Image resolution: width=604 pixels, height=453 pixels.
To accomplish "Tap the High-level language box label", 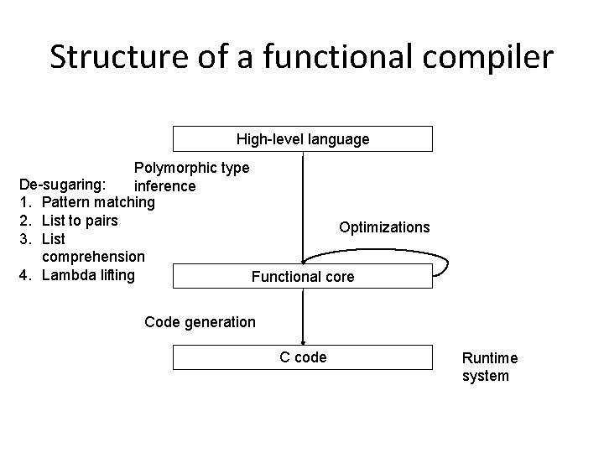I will point(302,139).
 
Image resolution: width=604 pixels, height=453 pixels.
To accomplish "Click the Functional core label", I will point(303,276).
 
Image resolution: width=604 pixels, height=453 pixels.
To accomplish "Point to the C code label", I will point(303,357).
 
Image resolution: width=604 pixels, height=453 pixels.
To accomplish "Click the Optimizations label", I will point(384,227).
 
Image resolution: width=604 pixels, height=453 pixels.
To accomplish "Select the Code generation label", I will point(200,321).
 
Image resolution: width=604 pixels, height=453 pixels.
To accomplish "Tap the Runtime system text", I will point(490,367).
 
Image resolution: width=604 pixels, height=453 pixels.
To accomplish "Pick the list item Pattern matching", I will point(97,202).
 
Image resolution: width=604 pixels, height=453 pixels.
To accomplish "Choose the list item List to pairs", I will point(80,221).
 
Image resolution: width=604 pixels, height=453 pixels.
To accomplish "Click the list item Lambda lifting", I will point(88,274).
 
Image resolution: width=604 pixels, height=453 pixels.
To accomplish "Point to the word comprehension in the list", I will point(93,256).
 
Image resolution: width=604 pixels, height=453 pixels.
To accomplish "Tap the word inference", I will point(165,185).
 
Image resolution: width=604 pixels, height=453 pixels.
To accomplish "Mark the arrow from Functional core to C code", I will point(303,317).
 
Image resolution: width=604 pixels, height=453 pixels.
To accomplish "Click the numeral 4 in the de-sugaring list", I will point(24,274).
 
